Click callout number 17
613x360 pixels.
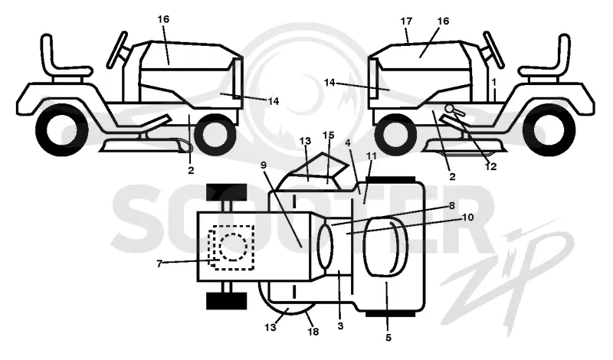(x=406, y=21)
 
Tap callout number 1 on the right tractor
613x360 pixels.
(x=494, y=82)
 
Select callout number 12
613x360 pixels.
(x=490, y=166)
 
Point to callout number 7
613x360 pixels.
(x=159, y=264)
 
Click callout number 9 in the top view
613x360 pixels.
(x=263, y=165)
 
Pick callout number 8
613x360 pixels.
(x=451, y=205)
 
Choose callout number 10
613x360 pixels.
(x=467, y=218)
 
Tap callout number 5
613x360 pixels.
(x=388, y=337)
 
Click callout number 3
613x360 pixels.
(x=340, y=326)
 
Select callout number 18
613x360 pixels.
(x=313, y=332)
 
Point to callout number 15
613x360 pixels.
(x=329, y=136)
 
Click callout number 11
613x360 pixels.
(x=371, y=156)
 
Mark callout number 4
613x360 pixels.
(x=348, y=142)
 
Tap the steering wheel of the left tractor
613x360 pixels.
(x=117, y=50)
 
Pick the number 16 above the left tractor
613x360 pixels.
(x=163, y=19)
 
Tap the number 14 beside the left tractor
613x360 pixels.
(x=274, y=101)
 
